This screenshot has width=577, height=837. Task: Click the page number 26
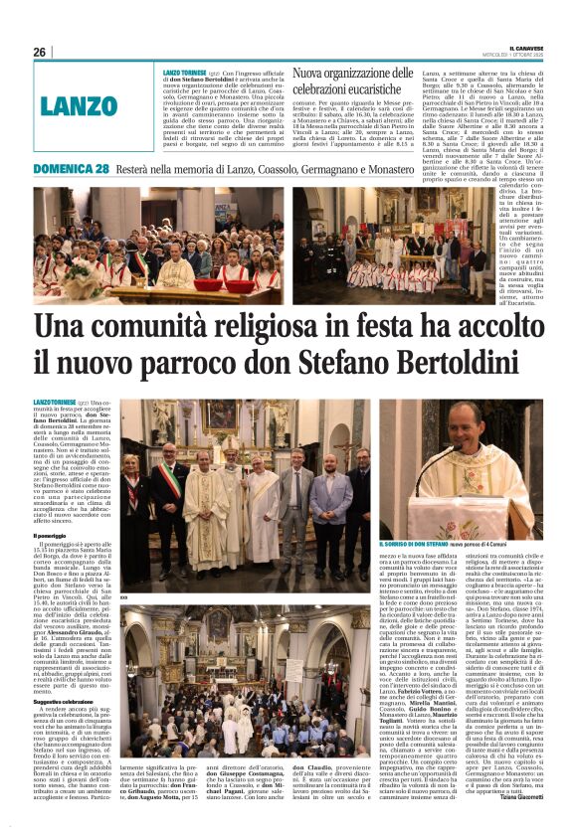[x=39, y=53]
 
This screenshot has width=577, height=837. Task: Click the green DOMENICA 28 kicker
[x=72, y=169]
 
